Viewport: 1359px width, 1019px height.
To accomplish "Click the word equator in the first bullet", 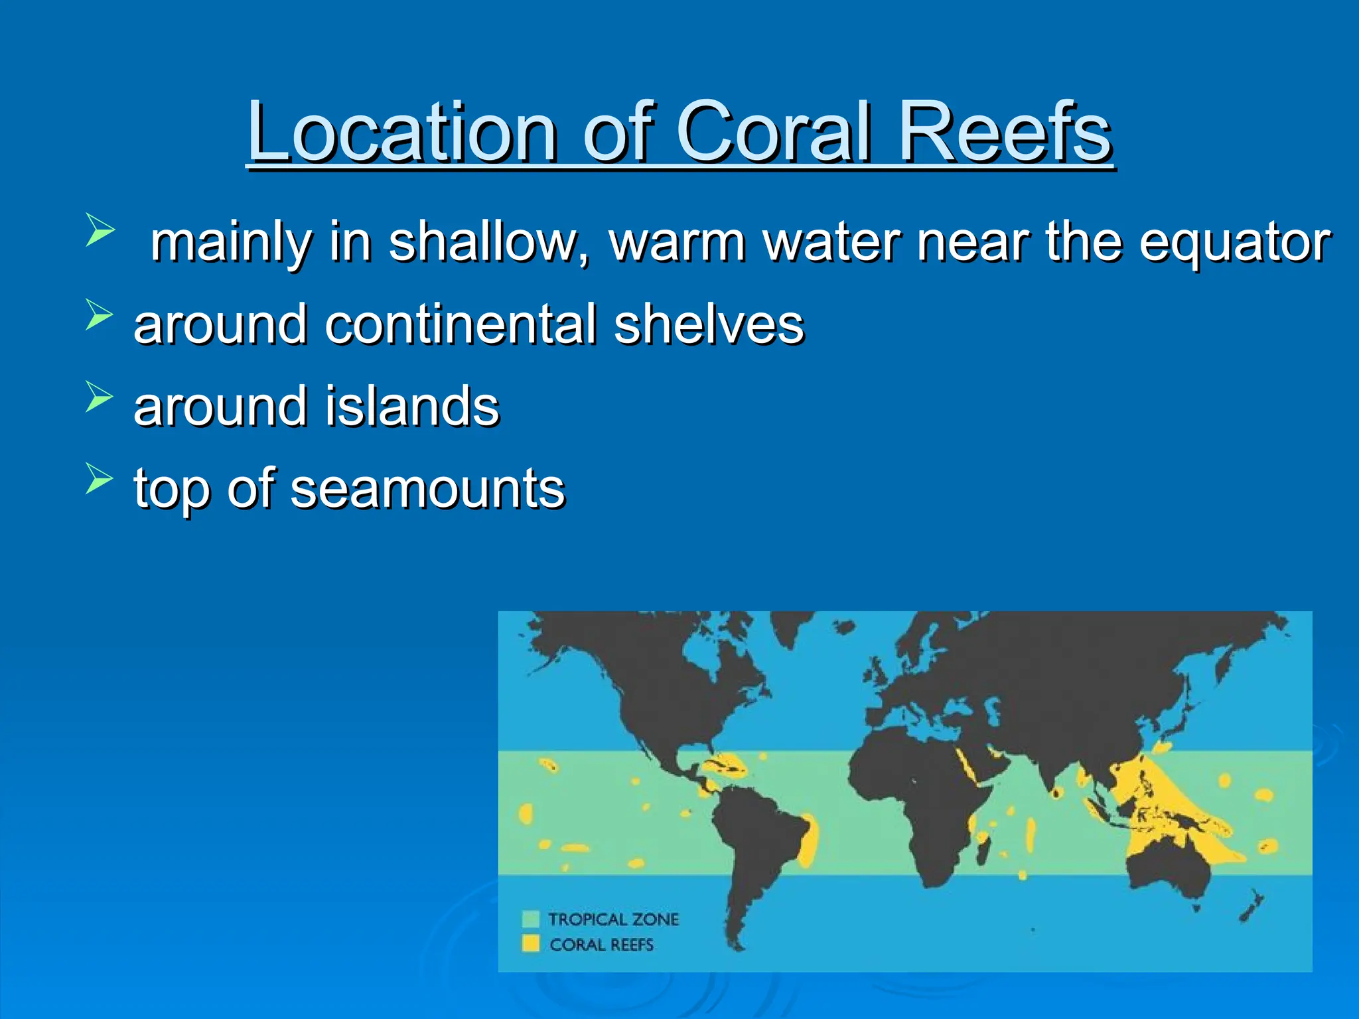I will click(1234, 243).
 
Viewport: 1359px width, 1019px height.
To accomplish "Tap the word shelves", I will click(708, 324).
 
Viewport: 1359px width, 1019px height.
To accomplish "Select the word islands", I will click(411, 406).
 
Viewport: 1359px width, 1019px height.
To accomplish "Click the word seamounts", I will click(427, 489).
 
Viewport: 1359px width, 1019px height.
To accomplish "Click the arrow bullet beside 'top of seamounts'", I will click(99, 478).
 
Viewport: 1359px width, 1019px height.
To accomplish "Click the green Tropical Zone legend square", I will click(530, 919).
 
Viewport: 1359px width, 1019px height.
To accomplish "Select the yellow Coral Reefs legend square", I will click(530, 943).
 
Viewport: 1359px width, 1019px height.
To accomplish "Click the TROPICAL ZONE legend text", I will click(613, 919).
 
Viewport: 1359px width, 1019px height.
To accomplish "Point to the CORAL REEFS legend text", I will click(601, 945).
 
